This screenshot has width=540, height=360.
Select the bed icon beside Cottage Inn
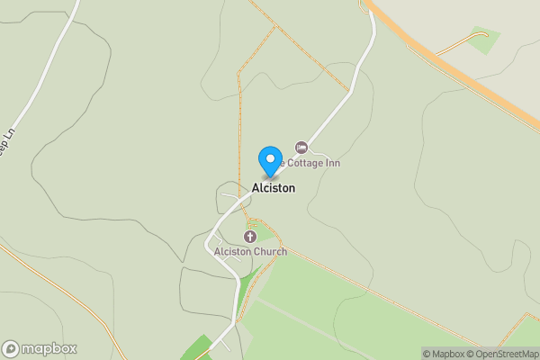click(301, 147)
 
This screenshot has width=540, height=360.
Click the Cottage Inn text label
click(310, 163)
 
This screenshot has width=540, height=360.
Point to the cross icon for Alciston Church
click(250, 236)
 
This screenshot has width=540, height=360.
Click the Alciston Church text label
click(250, 252)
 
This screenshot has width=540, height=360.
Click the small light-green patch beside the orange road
click(484, 40)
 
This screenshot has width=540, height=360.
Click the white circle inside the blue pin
click(269, 157)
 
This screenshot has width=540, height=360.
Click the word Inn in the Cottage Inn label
click(331, 163)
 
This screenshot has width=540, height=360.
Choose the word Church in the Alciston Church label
click(268, 252)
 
